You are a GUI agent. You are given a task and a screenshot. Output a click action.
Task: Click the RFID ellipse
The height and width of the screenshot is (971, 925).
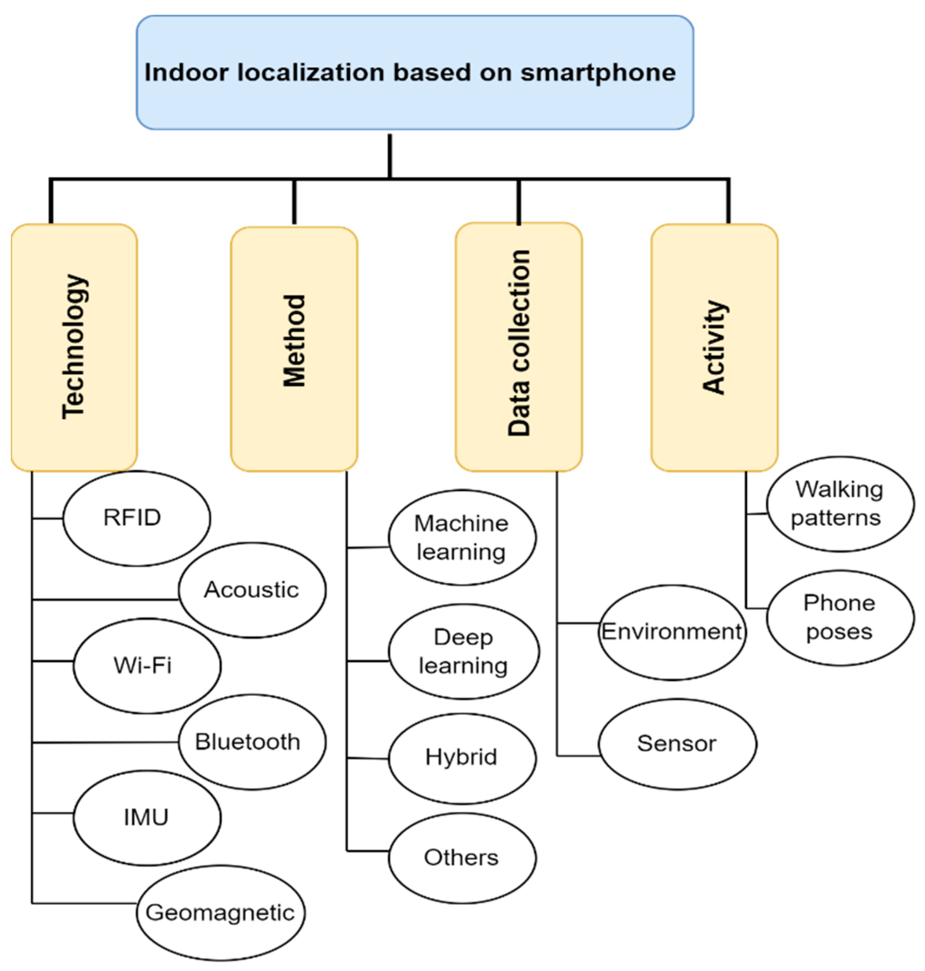point(137,518)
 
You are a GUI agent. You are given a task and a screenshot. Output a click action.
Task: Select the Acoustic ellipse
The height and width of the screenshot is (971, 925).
point(252,590)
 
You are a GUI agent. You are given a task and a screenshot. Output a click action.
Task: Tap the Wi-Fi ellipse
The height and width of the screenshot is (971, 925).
point(147,666)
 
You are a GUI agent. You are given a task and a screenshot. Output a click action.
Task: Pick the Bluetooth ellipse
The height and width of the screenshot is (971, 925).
point(252,742)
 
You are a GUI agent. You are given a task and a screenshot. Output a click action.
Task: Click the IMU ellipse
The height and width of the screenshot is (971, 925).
point(147,817)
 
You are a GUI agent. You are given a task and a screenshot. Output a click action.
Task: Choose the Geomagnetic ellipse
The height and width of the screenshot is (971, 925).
point(220,913)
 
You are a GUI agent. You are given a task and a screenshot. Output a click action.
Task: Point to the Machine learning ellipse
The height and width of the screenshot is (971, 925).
point(462,537)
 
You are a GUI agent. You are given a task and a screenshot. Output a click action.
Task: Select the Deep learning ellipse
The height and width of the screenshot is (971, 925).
point(463,651)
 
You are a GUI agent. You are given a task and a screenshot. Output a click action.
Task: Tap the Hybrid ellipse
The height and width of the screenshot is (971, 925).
point(462,757)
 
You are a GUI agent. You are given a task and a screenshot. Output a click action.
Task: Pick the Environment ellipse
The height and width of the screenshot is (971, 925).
point(672,632)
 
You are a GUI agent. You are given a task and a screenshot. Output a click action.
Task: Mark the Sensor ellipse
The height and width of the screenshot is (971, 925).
point(677,744)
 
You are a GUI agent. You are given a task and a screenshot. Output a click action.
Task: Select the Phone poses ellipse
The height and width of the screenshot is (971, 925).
point(839,617)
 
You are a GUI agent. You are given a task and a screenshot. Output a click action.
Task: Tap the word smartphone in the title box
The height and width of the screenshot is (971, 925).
point(598,72)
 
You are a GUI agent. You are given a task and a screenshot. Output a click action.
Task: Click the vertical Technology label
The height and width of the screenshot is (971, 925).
point(74,347)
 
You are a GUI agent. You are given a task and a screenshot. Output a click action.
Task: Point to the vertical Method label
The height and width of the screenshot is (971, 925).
point(294,340)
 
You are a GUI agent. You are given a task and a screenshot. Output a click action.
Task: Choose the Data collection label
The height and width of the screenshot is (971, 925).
point(519,343)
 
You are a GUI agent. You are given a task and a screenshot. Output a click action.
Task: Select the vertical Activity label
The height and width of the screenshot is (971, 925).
point(714,347)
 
